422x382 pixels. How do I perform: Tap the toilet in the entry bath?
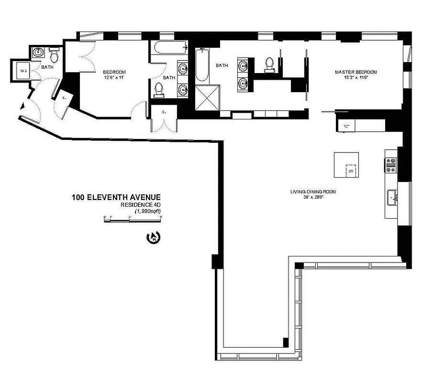coord(54,57)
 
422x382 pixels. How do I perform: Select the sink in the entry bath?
coord(38,53)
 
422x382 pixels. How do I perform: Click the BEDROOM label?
coord(114,72)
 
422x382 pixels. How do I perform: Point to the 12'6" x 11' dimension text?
coord(114,77)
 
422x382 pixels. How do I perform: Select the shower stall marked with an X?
coord(207,97)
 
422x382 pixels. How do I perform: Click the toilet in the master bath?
coord(269,64)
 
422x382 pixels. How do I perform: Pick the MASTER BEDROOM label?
coord(355,72)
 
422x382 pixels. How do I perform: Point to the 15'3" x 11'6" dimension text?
coord(355,77)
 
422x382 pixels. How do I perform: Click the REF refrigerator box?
coord(345,126)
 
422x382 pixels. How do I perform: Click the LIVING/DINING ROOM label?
coord(313,192)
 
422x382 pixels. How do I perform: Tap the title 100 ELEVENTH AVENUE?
coord(116,197)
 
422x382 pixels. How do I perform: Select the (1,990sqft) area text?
coord(147,211)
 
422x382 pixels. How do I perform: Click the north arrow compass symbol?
coord(155,235)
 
